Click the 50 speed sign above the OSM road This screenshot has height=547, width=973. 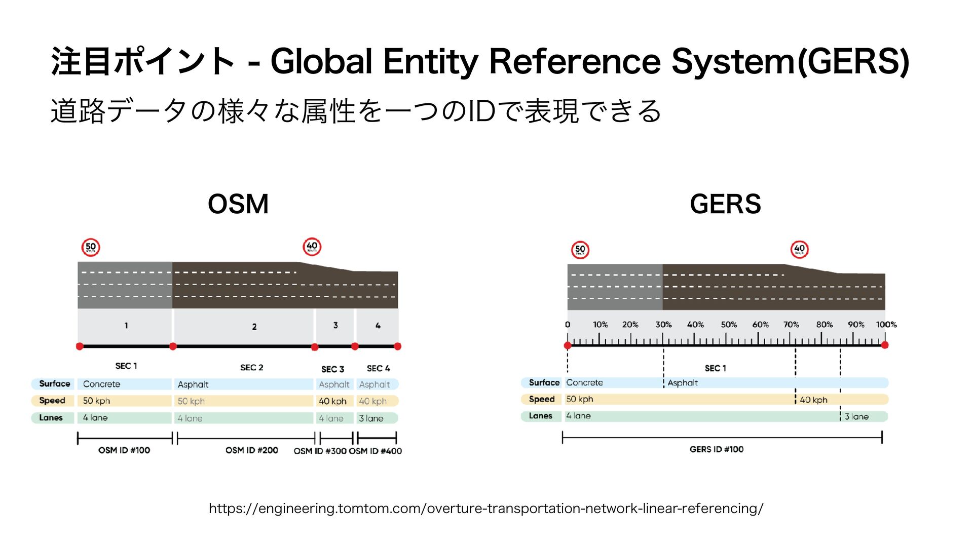click(91, 247)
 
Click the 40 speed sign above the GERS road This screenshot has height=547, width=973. click(799, 249)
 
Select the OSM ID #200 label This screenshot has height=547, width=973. click(251, 450)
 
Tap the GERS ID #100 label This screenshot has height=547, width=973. click(716, 449)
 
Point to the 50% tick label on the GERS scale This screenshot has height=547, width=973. click(729, 325)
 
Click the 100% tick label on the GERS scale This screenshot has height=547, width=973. click(886, 325)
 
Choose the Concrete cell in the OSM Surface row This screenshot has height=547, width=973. click(101, 384)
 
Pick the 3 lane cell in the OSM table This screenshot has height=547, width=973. click(371, 418)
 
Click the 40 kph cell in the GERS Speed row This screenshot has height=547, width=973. click(813, 400)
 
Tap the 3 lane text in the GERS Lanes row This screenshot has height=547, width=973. click(856, 416)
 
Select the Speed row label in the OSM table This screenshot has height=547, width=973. click(52, 401)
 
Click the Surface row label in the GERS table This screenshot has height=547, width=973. click(544, 382)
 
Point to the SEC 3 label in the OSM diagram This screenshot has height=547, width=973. click(332, 369)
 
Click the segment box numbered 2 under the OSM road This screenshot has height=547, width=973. click(254, 327)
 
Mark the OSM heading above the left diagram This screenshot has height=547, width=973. click(238, 204)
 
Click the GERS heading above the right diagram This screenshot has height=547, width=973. click(725, 204)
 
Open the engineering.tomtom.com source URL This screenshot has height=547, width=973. click(486, 508)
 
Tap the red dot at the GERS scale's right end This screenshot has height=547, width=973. click(885, 345)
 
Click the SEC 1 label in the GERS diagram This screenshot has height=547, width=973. click(715, 368)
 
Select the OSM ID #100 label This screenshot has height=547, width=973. click(124, 450)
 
